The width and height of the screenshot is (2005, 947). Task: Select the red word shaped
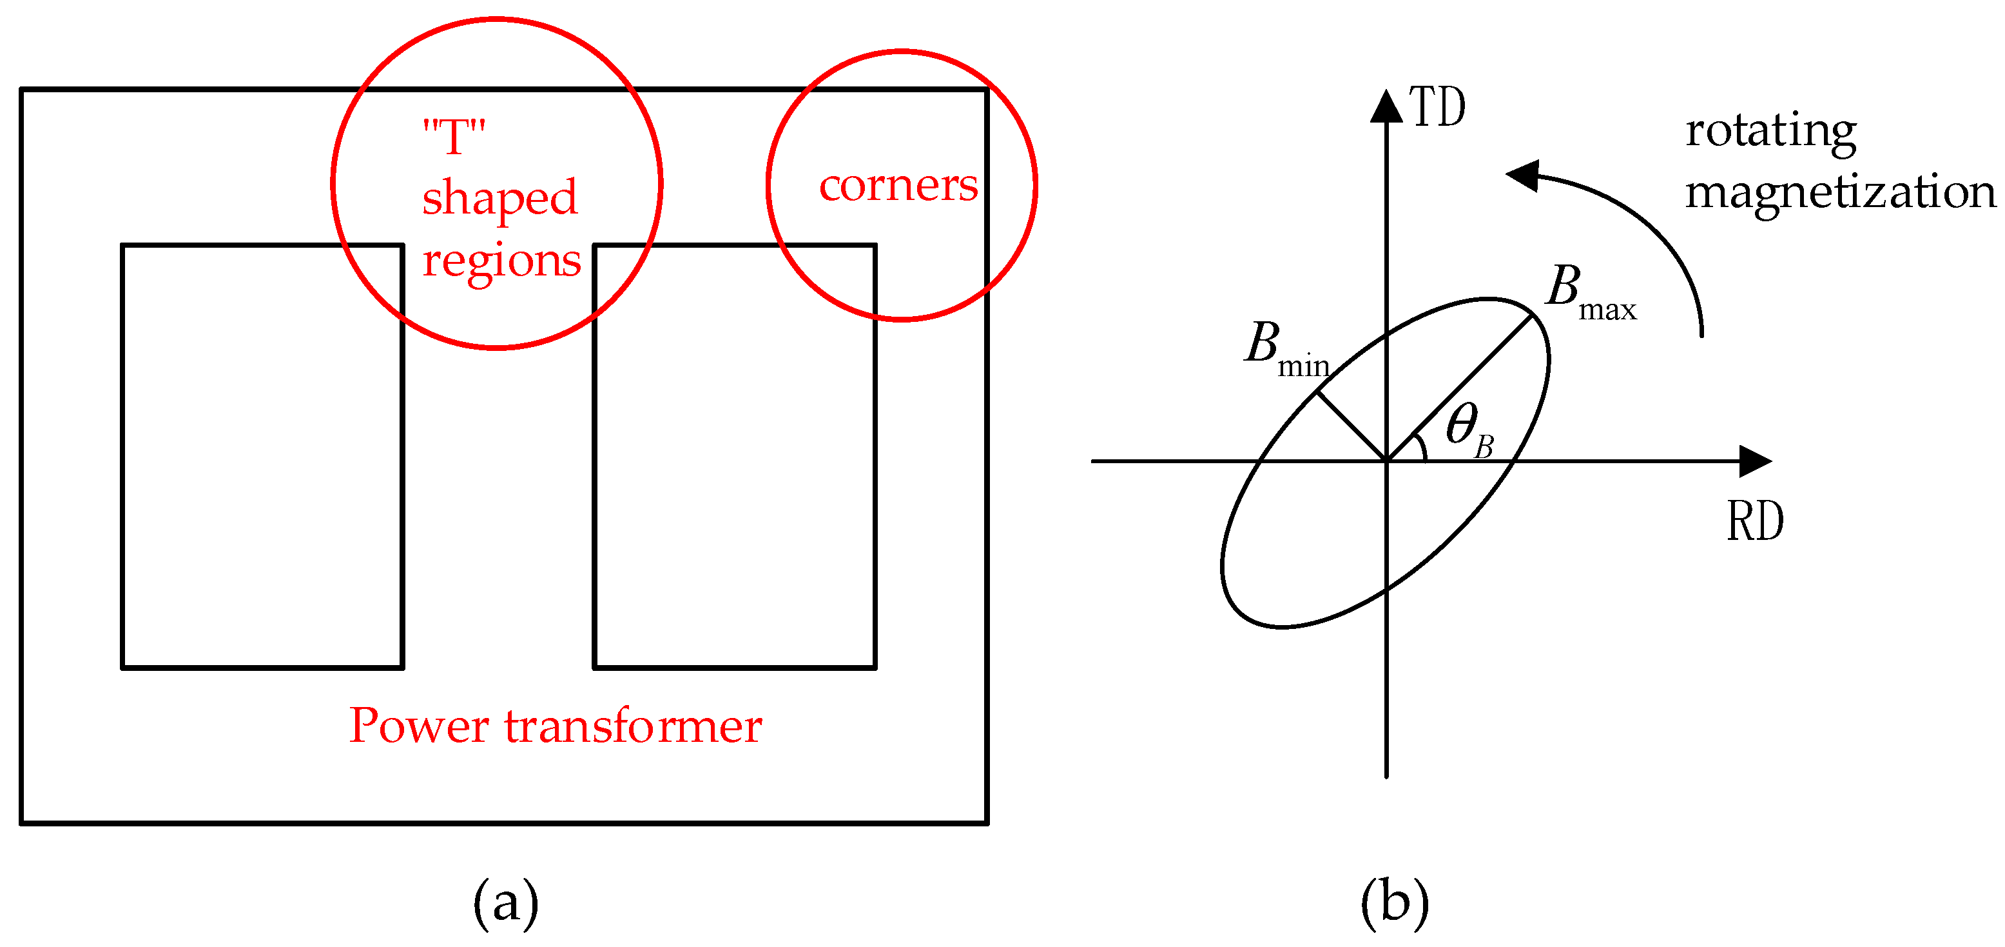tap(499, 199)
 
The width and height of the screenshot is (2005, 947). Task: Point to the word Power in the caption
tap(419, 726)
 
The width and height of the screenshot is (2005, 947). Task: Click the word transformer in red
tap(633, 726)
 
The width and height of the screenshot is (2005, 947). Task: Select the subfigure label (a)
tap(506, 902)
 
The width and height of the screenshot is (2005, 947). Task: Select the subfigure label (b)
tap(1394, 902)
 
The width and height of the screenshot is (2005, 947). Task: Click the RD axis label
tap(1755, 521)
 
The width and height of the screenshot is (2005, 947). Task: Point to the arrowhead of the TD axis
tap(1386, 106)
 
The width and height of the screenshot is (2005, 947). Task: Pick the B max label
tap(1589, 292)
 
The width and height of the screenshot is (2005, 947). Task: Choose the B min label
tap(1285, 348)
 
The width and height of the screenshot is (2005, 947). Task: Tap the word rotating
tap(1770, 132)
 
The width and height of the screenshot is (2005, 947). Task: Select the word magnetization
tap(1840, 193)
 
